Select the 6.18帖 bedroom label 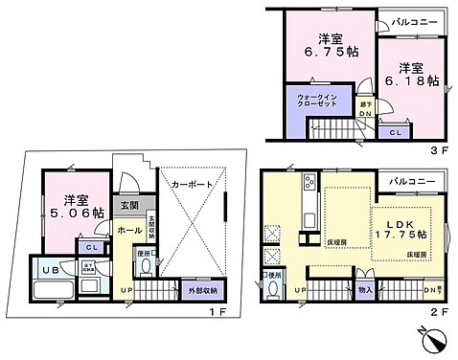414,79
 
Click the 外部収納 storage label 201,289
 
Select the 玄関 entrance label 129,205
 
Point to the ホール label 129,231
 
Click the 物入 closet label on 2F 366,288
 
